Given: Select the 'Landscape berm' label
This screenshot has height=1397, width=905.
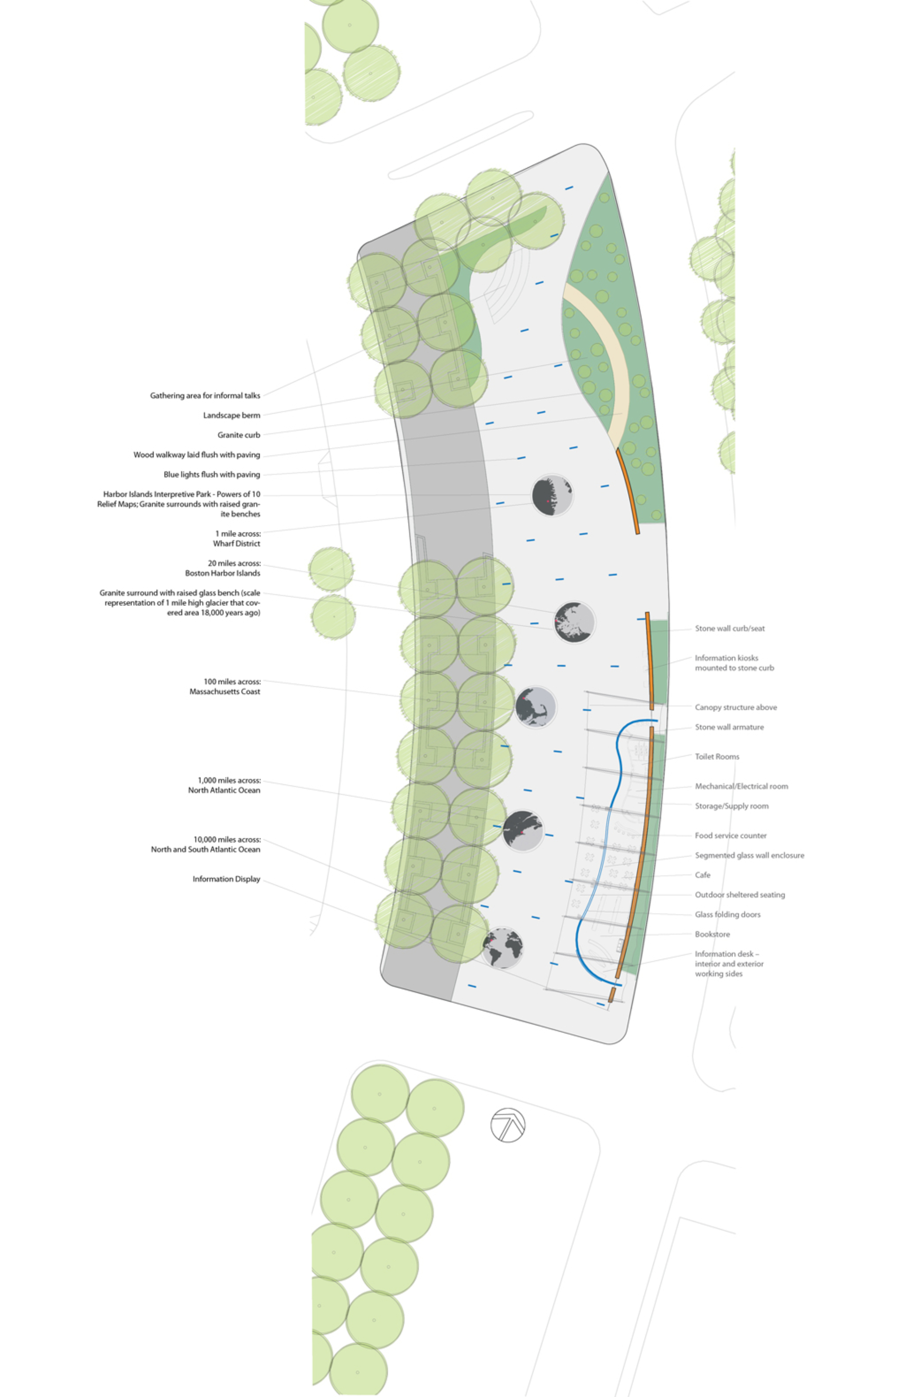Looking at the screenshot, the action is (232, 415).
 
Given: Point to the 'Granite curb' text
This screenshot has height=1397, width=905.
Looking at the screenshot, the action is (239, 435).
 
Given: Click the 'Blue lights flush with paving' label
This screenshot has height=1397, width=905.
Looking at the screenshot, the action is (212, 474).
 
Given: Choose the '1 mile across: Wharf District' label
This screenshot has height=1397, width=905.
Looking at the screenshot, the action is (237, 538).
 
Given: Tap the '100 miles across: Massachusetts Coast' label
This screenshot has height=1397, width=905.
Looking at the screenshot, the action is (225, 686).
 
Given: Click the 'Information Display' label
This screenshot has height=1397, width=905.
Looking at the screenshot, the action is (226, 879).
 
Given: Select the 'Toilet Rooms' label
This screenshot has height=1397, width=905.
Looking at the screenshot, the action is (717, 757).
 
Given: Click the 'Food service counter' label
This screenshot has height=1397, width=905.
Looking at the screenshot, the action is (731, 835).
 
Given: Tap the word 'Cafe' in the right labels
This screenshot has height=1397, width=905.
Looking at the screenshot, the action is (703, 875).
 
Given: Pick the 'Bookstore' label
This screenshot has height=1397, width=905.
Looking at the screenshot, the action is (713, 934).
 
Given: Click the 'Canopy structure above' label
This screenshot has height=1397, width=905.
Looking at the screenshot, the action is (736, 707).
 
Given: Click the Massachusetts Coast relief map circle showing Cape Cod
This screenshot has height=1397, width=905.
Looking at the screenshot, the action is (535, 707).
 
